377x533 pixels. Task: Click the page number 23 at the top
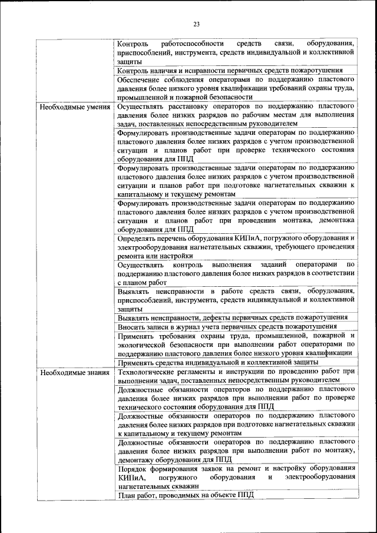(196, 24)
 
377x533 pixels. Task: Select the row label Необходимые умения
(74, 107)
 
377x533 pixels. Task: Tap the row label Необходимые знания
(74, 372)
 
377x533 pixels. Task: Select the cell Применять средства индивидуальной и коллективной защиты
(218, 362)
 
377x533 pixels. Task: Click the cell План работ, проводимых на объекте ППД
(186, 495)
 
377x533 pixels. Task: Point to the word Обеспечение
(141, 80)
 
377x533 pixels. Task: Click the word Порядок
(132, 468)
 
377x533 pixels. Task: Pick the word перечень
(180, 239)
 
